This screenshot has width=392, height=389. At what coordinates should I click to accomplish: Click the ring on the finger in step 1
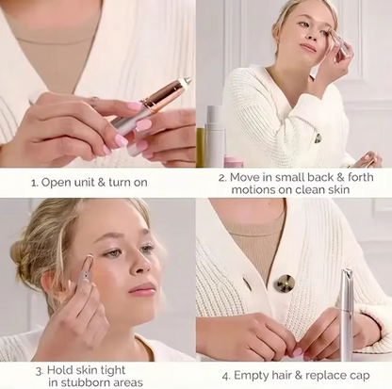pos(92,101)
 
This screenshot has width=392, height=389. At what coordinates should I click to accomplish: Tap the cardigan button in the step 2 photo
pos(318,138)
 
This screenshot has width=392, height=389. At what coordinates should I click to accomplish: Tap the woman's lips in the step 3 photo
pos(140,290)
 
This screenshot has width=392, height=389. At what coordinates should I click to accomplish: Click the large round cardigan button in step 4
pos(284,283)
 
